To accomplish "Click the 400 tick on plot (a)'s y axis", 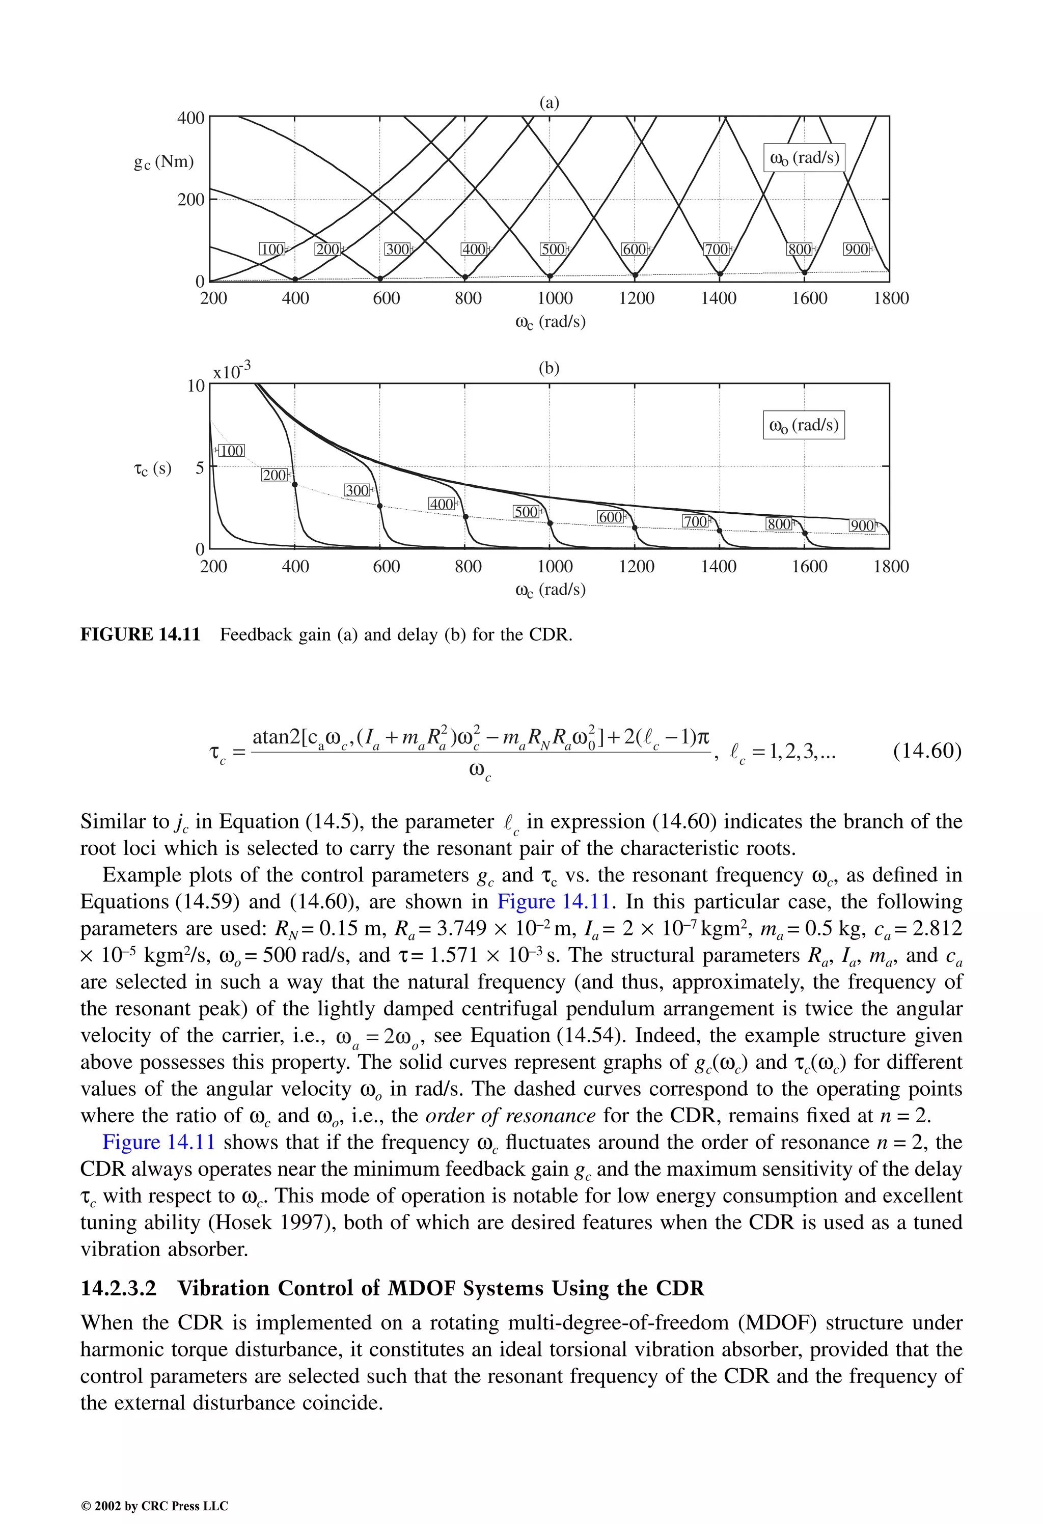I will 191,118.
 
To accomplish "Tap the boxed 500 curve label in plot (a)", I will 553,249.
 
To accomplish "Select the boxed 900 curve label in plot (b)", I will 861,525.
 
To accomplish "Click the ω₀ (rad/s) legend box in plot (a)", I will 804,158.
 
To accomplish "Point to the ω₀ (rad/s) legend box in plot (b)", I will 804,425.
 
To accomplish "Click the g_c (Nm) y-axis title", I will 164,162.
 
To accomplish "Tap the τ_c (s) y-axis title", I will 152,468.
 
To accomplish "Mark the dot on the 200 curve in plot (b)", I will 294,485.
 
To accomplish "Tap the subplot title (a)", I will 549,103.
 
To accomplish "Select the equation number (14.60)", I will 927,750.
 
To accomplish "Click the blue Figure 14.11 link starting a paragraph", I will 159,1142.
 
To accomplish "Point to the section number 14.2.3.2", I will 119,1288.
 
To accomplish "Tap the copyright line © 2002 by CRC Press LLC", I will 154,1506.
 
